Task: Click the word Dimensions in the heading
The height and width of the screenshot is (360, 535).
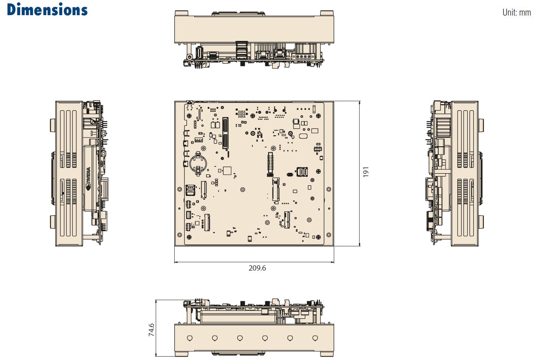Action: coord(47,9)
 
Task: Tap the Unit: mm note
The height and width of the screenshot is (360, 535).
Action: coord(516,13)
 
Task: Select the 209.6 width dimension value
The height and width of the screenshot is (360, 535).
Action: coord(257,268)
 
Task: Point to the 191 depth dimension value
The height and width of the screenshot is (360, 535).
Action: coord(366,172)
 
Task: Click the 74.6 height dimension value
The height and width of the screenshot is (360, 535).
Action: coord(152,330)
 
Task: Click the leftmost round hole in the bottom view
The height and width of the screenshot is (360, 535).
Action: coord(190,338)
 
